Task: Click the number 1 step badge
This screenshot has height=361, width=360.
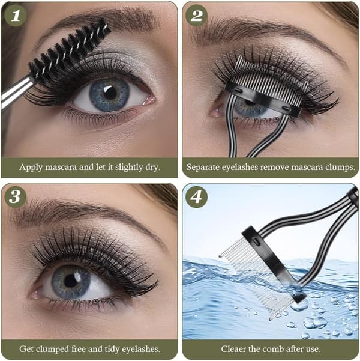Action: pyautogui.click(x=15, y=16)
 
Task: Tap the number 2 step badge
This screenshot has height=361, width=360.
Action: pyautogui.click(x=196, y=16)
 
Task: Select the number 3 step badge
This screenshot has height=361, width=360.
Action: pyautogui.click(x=15, y=197)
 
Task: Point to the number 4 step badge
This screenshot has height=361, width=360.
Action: pyautogui.click(x=196, y=197)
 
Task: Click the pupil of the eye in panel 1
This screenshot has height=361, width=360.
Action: pyautogui.click(x=110, y=93)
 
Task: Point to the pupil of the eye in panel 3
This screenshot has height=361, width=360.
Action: pyautogui.click(x=71, y=281)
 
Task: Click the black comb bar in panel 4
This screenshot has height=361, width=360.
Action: pyautogui.click(x=274, y=265)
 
